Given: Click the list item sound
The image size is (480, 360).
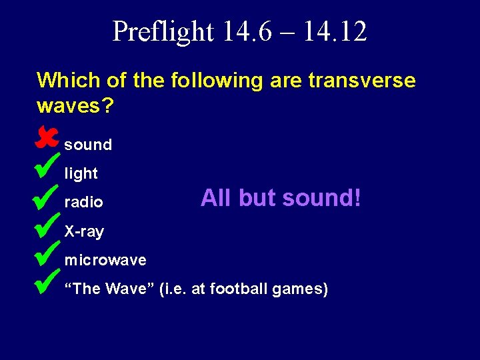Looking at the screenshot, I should pos(88,145).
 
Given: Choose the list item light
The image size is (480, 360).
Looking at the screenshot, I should pos(81,174).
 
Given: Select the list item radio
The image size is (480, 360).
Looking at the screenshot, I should pos(83,202).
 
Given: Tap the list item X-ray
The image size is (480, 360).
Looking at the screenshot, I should pos(84,232).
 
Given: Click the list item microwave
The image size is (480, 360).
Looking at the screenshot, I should pos(105,260).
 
